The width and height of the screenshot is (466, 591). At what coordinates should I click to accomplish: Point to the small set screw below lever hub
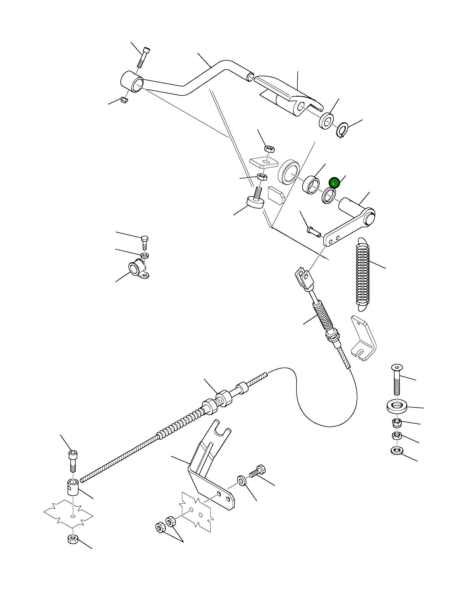(124, 100)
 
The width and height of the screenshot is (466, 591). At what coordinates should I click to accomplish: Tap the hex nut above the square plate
(269, 148)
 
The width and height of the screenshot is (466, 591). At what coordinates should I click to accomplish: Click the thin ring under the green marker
(329, 195)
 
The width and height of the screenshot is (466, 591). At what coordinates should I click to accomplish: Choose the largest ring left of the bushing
(289, 172)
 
